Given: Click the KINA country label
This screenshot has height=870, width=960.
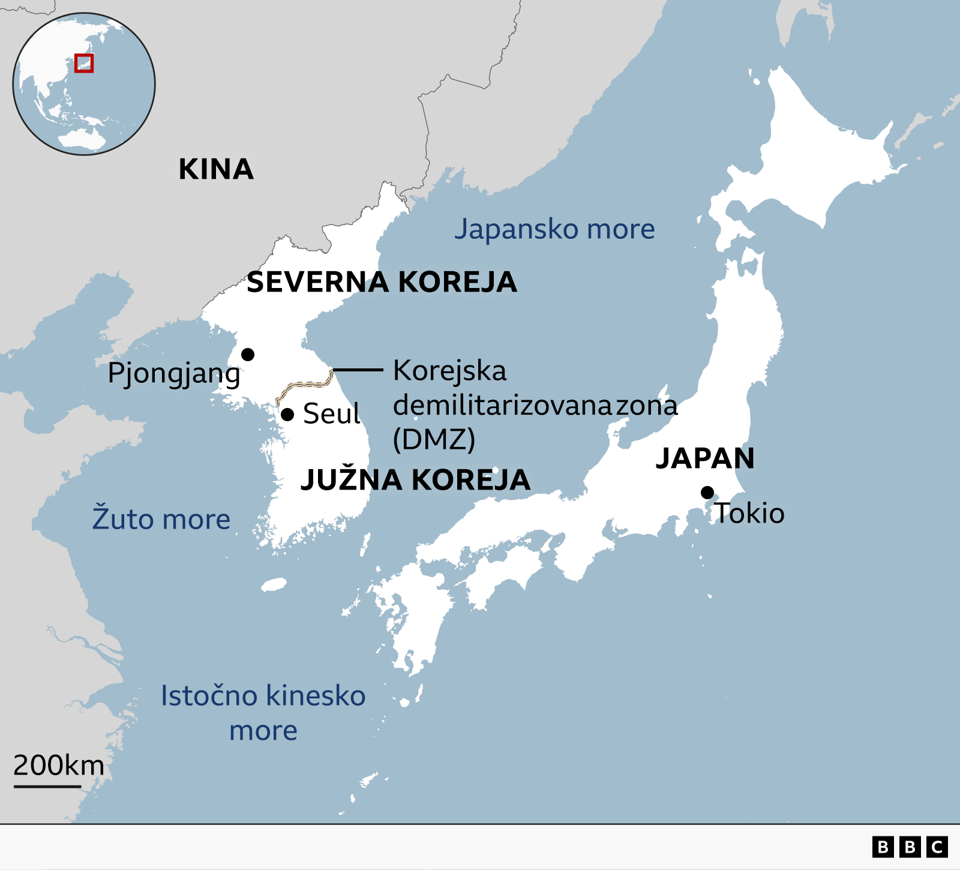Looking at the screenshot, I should click(x=216, y=169).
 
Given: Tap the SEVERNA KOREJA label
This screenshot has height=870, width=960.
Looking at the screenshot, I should click(x=382, y=282).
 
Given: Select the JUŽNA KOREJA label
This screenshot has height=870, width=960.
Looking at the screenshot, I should click(x=415, y=479).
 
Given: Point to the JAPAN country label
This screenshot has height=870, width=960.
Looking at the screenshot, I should click(x=705, y=458).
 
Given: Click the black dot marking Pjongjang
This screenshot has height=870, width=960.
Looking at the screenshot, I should click(x=248, y=355).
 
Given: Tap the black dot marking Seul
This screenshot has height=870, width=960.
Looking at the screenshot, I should click(x=287, y=415).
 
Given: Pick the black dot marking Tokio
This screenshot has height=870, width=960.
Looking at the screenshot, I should click(x=707, y=493).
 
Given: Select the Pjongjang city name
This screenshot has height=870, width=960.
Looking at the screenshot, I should click(x=174, y=374).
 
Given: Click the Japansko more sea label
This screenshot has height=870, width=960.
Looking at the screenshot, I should click(x=554, y=229).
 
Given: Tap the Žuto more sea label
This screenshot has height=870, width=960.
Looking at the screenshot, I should click(x=161, y=519).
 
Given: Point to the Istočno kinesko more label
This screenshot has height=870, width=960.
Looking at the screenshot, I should click(x=263, y=712).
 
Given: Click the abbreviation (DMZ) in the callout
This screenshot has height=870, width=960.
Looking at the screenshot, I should click(x=434, y=440).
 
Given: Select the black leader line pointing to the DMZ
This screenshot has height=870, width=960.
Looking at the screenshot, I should click(x=358, y=370).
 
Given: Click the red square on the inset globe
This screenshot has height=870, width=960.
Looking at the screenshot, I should click(x=84, y=63).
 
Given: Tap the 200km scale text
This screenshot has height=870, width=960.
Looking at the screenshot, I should click(x=59, y=766).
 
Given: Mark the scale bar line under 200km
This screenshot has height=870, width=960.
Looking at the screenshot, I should click(x=47, y=786).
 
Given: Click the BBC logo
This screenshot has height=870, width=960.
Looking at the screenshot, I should click(x=910, y=847).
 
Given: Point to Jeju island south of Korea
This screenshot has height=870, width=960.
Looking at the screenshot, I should click(x=274, y=584).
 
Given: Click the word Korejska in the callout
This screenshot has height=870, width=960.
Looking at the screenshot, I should click(x=449, y=371).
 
